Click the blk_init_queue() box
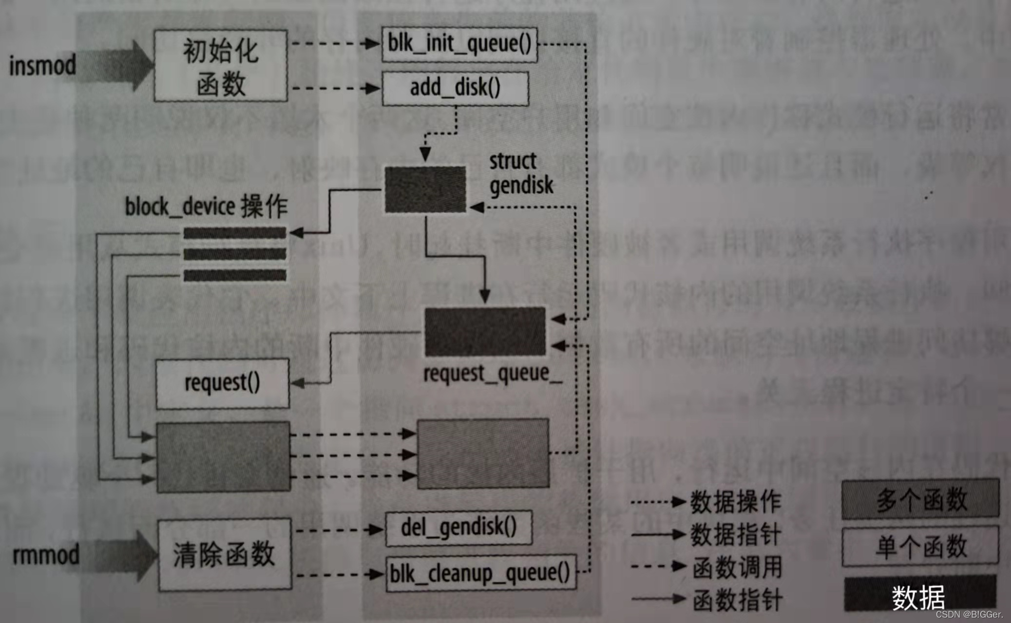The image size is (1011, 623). point(459,45)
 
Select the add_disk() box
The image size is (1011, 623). point(455,89)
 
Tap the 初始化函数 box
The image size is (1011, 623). point(221,66)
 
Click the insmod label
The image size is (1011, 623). point(43,66)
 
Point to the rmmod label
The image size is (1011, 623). point(46,555)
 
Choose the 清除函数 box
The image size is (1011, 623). point(225,554)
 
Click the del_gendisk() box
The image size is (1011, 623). point(458,528)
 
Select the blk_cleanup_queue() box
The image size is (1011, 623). point(480,573)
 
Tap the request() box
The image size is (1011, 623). point(222,383)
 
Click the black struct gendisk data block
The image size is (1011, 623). point(425,189)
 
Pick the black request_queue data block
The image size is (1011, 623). point(485,332)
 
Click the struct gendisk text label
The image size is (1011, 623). point(521,173)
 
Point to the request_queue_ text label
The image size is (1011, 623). point(493,374)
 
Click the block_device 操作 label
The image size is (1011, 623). point(206,207)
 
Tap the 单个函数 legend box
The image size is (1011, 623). point(920,546)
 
